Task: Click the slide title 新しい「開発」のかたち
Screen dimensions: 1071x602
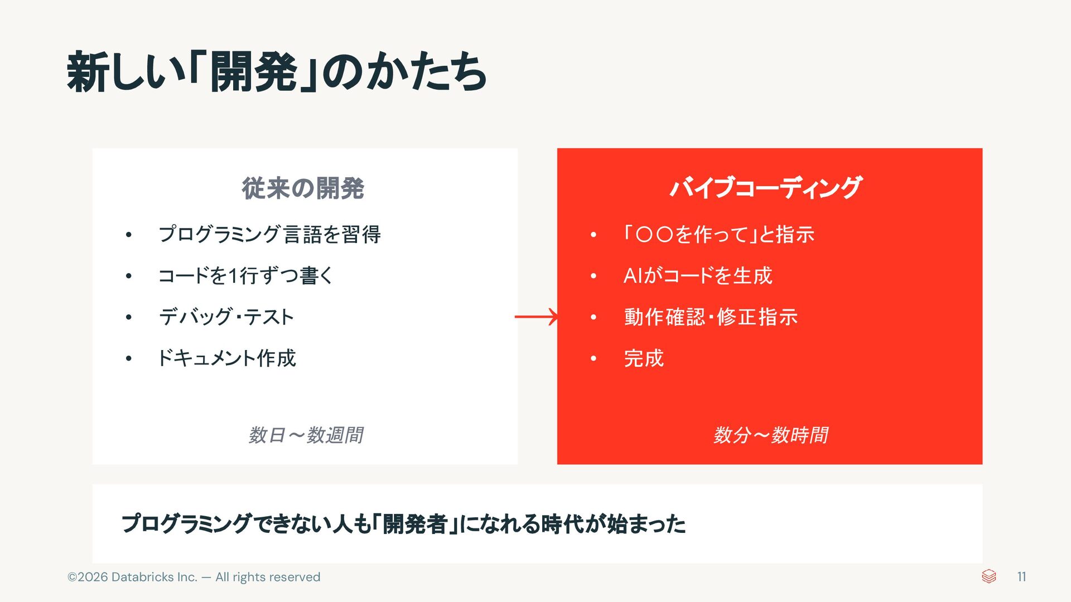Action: coord(277,72)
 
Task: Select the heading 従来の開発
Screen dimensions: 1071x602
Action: coord(303,188)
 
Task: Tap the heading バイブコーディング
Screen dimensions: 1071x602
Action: coord(766,187)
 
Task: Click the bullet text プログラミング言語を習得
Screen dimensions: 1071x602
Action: coord(269,234)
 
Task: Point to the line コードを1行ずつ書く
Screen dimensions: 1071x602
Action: coord(245,275)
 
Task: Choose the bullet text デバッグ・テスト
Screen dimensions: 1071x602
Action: coord(226,317)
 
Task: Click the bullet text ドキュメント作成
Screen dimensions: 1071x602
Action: coord(226,358)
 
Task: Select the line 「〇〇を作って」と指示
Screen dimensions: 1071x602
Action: coord(718,234)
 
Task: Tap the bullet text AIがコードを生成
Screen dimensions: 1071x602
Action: coord(698,275)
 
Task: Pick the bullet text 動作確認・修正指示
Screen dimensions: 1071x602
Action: coord(711,317)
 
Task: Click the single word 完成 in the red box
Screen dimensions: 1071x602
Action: coord(644,358)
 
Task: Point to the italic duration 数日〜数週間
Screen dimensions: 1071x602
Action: coord(306,435)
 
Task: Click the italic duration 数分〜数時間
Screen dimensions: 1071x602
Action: coord(770,435)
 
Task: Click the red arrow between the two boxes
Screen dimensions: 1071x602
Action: coord(536,317)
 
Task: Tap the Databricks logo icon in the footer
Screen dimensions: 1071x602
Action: coord(988,576)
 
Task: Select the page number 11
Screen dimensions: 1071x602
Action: coord(1021,576)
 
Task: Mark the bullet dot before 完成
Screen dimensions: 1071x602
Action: coord(594,358)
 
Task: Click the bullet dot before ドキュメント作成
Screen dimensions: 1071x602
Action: coord(129,358)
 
